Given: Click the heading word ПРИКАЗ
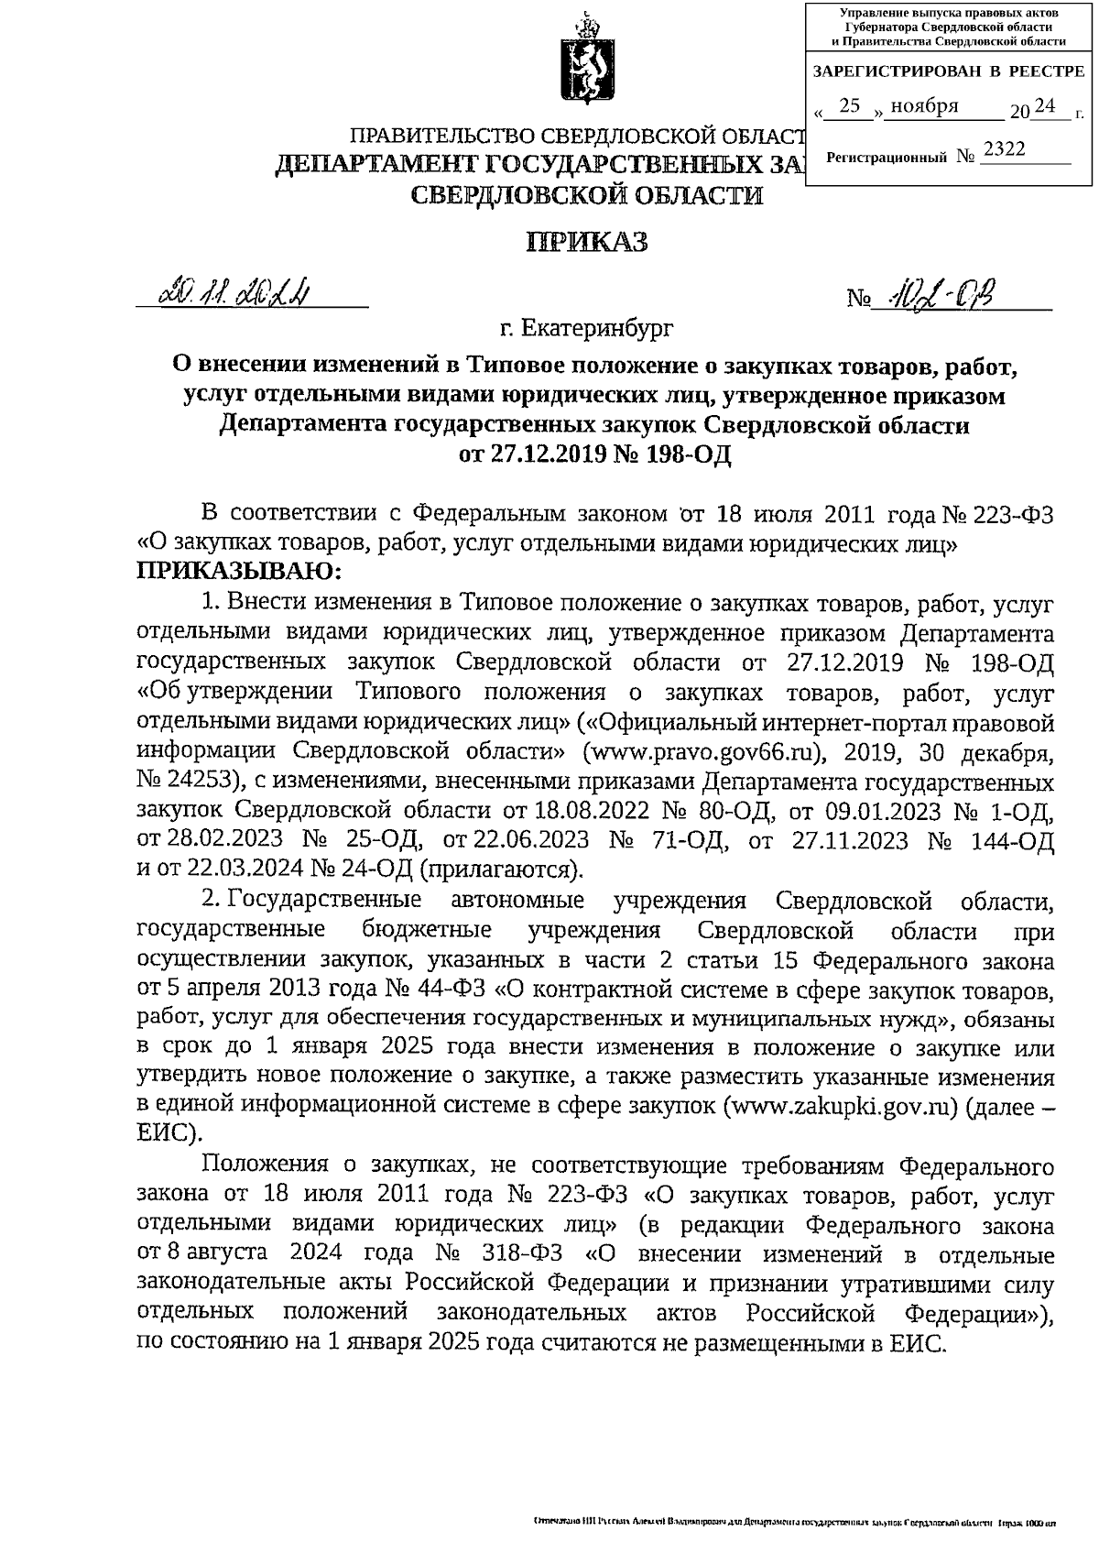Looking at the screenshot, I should coord(587,242).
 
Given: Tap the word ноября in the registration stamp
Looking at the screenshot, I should coord(924,106).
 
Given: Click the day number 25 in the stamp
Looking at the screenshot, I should coord(851,107).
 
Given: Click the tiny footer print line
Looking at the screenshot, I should coord(794,1523).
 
